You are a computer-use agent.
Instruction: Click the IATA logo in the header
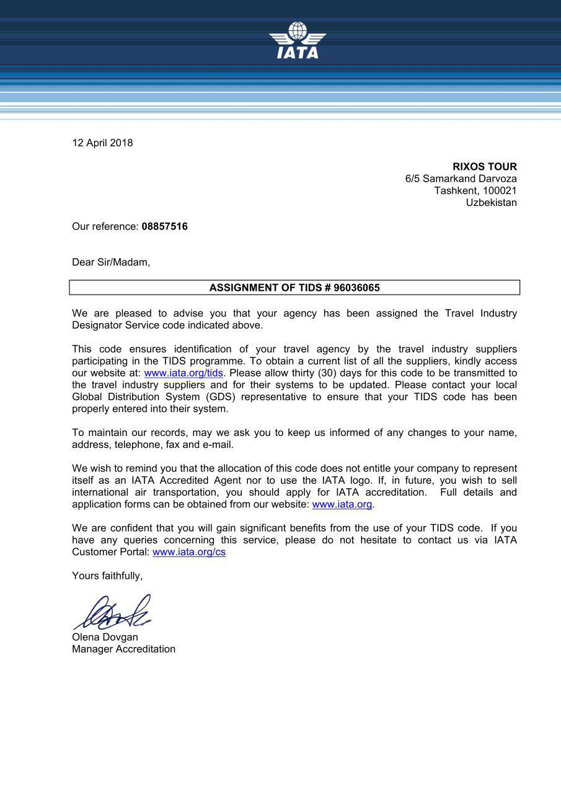[297, 41]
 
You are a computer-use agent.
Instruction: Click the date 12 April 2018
[102, 143]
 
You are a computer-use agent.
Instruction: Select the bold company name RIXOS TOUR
[484, 167]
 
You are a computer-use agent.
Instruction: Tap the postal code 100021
[499, 190]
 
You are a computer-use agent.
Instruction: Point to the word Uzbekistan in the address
[491, 202]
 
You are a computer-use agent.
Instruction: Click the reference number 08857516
[164, 226]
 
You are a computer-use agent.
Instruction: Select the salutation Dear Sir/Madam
[111, 262]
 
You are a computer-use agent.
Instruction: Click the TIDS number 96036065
[356, 288]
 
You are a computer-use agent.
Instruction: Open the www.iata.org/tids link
[183, 373]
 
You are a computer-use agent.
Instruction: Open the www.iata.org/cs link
[189, 552]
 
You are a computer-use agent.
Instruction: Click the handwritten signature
[113, 612]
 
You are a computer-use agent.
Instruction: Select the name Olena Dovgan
[105, 637]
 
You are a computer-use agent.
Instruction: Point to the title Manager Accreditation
[123, 649]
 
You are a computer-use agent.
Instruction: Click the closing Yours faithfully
[107, 576]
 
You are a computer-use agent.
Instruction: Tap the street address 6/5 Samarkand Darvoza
[461, 179]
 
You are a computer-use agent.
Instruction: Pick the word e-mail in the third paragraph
[218, 445]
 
